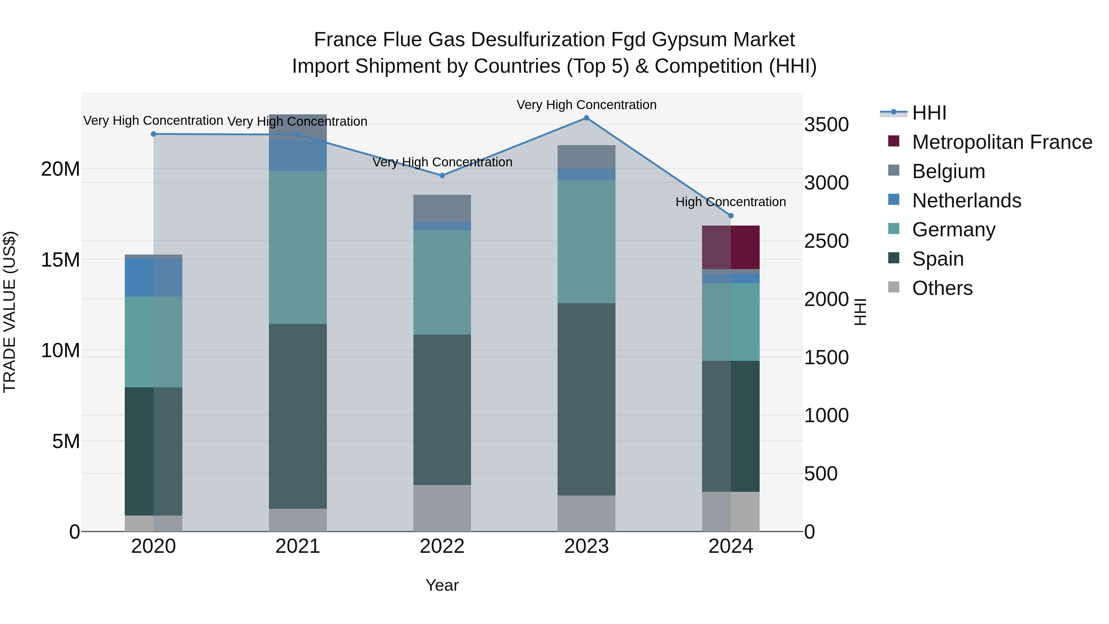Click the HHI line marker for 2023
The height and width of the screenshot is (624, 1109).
click(586, 118)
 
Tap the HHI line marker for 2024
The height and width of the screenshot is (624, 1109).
click(731, 216)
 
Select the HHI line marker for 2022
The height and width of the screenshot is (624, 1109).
click(442, 176)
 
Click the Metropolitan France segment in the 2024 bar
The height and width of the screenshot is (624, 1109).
click(731, 247)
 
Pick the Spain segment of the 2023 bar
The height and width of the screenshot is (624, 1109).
click(586, 399)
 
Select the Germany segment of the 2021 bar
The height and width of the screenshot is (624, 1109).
click(298, 247)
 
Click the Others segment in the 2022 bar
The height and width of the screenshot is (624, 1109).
click(442, 508)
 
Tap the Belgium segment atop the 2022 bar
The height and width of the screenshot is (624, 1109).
click(442, 208)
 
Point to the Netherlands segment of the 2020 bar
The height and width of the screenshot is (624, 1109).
click(153, 277)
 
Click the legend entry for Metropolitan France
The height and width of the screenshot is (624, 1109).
click(1002, 142)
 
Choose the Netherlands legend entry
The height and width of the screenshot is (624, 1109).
click(966, 201)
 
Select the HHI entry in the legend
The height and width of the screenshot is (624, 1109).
click(929, 113)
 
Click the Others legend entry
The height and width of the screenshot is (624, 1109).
click(942, 288)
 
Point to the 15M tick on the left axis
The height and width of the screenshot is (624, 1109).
click(60, 260)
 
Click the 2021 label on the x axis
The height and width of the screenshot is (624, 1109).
click(298, 546)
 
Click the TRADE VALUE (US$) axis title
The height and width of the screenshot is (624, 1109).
click(10, 312)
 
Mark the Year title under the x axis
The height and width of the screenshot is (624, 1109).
click(442, 585)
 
